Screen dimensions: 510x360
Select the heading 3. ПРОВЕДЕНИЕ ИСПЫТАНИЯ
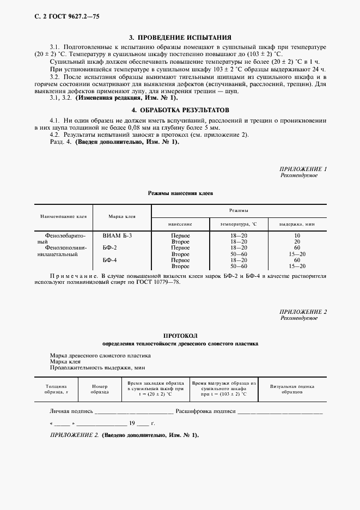180,38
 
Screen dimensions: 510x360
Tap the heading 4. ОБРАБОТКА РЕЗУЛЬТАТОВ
180,110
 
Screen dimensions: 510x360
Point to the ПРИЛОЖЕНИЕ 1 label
303,169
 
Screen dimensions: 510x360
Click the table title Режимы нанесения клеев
180,193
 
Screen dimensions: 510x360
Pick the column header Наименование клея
63,217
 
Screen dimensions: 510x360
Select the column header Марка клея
121,217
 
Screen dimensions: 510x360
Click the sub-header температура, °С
238,224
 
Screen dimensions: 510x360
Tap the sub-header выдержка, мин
297,224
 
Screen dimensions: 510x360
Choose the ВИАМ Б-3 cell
117,235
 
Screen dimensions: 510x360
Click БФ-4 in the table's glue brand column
109,260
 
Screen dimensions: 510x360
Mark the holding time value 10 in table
297,235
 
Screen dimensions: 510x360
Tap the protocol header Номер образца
100,389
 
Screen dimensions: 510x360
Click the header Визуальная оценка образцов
292,389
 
